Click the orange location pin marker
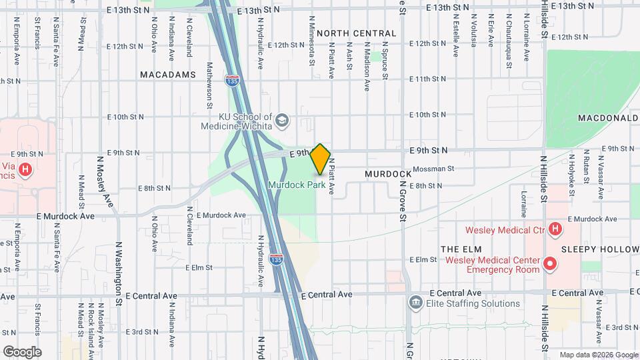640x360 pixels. (x=321, y=159)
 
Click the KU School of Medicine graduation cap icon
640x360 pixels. (x=282, y=120)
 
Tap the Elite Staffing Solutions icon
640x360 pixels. (x=415, y=303)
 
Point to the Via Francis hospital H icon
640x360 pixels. (x=25, y=171)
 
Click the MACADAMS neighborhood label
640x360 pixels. (x=168, y=75)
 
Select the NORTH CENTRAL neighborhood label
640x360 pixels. (x=357, y=33)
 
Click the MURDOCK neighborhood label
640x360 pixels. (x=388, y=174)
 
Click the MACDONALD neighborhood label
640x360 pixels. (x=608, y=118)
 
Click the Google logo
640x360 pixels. (x=22, y=352)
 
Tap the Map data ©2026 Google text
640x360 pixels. (x=597, y=355)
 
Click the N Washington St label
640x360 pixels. (x=119, y=273)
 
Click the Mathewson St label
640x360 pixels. (x=209, y=85)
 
